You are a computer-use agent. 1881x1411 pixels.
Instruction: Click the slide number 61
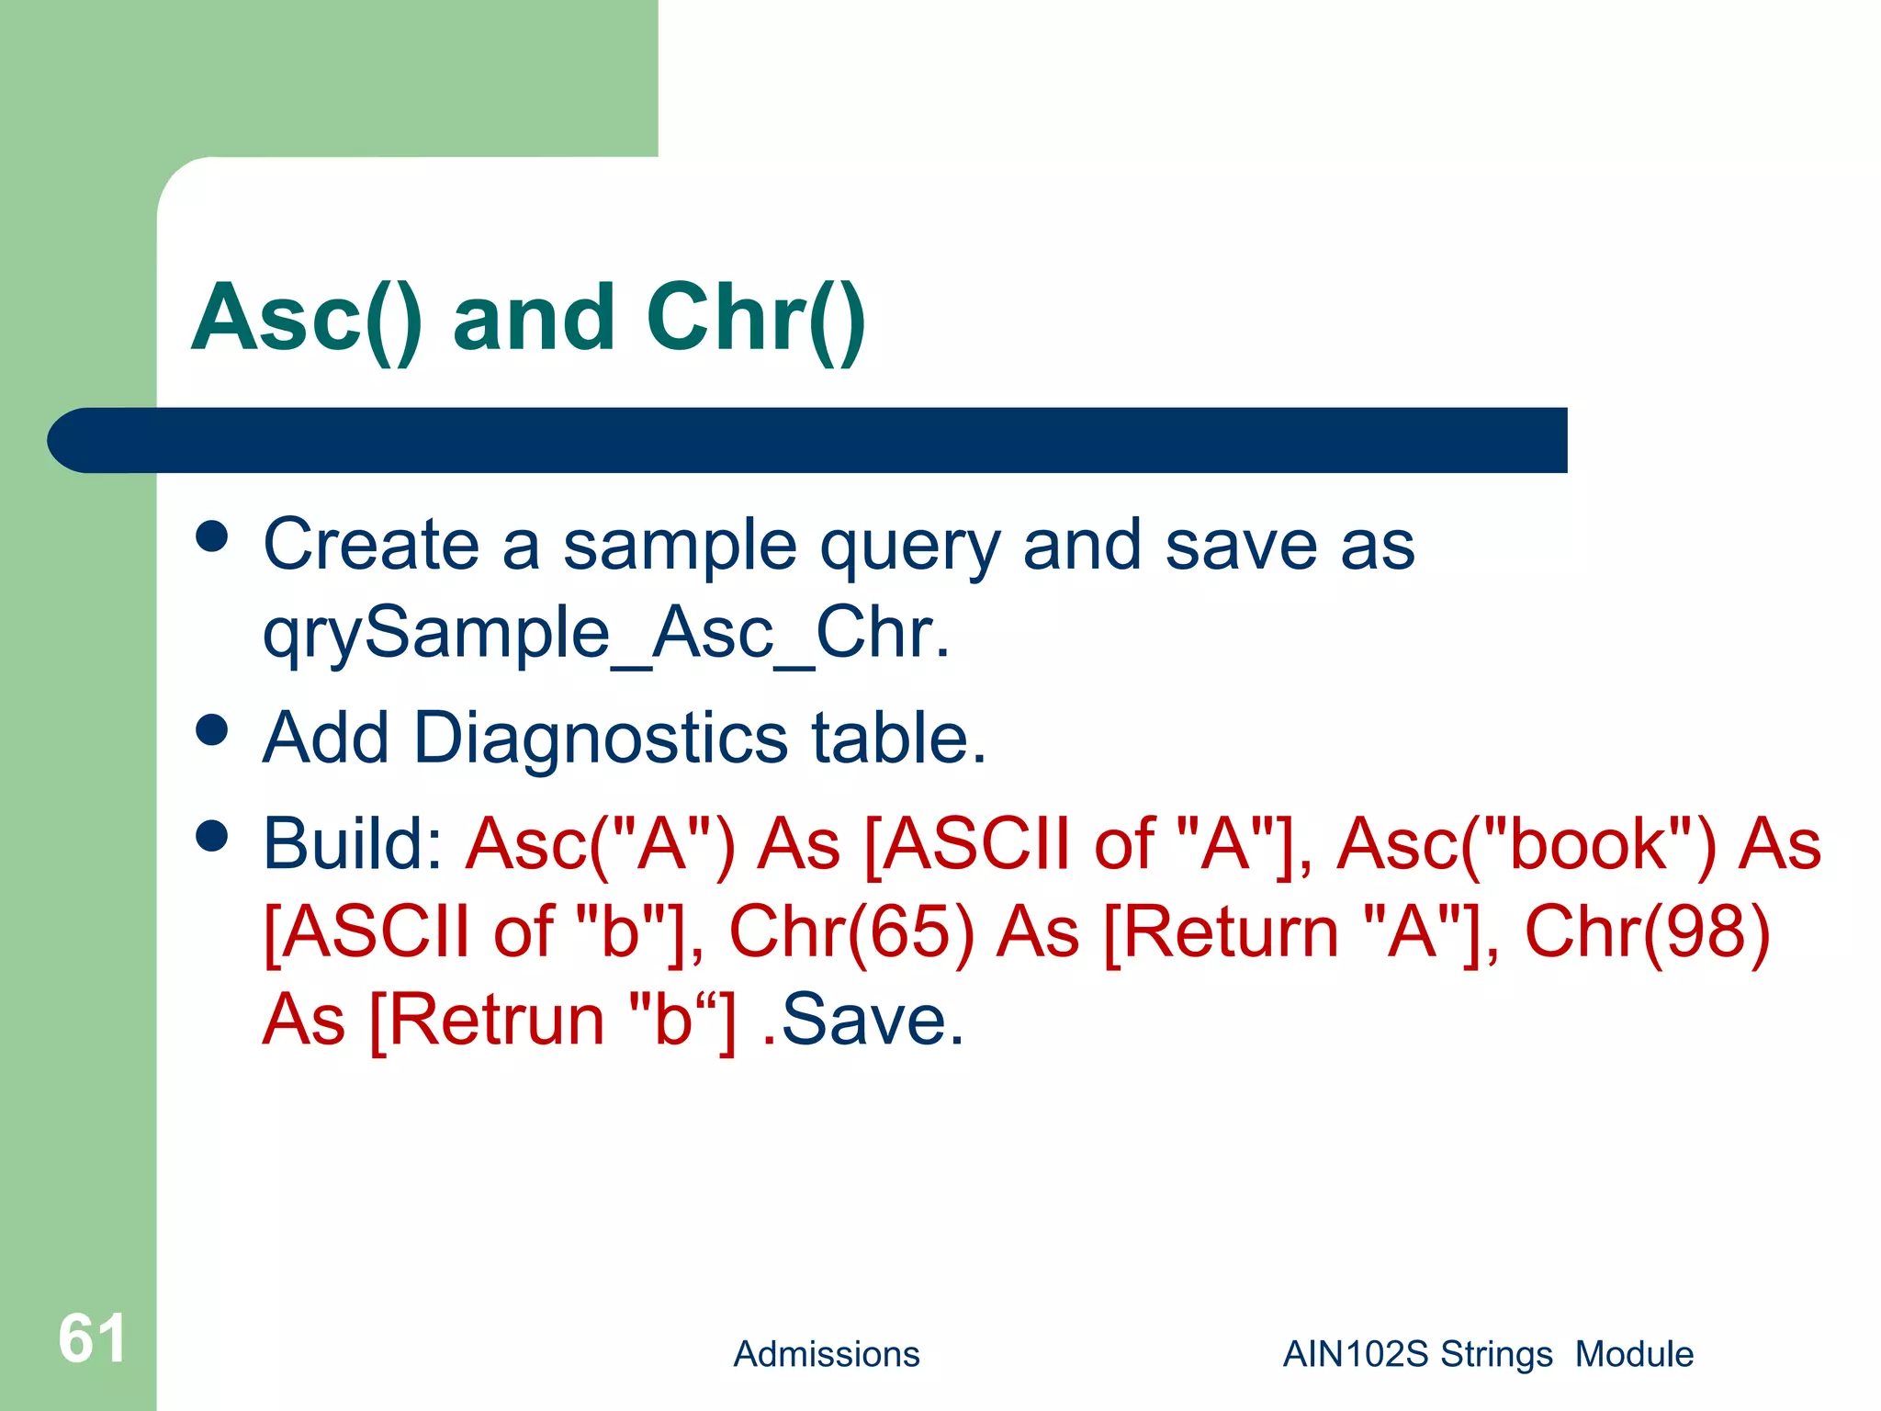tap(92, 1338)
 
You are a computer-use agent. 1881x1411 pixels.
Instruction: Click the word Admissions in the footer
tap(826, 1354)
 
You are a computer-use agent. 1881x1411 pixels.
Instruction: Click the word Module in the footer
tap(1634, 1354)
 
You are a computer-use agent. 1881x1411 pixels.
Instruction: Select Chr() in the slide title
tap(755, 319)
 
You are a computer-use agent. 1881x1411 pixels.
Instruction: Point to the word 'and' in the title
tap(534, 319)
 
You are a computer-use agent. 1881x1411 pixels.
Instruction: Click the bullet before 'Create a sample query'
tap(212, 536)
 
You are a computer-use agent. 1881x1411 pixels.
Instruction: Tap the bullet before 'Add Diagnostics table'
tap(212, 730)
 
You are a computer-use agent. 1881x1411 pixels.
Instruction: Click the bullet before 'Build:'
tap(212, 836)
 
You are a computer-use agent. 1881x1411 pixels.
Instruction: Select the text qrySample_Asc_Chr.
tap(605, 634)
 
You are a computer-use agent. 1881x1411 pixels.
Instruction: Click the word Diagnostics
tap(601, 739)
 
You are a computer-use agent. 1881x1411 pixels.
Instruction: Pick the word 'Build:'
tap(354, 843)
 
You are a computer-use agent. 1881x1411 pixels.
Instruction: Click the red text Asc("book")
tap(1526, 843)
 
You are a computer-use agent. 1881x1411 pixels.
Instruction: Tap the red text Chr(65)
tap(850, 931)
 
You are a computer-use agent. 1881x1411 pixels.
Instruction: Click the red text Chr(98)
tap(1647, 931)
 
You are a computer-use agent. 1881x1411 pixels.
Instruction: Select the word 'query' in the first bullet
tap(908, 547)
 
